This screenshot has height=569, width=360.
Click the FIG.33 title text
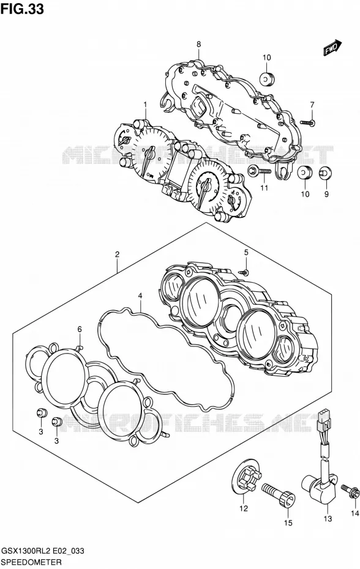[22, 9]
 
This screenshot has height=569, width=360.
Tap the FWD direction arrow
[332, 48]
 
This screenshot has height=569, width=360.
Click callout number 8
[199, 44]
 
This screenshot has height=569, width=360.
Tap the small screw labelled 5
[244, 272]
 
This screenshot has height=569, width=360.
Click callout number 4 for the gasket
[140, 296]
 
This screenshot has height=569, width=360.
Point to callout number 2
[117, 255]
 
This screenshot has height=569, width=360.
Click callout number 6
[80, 330]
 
